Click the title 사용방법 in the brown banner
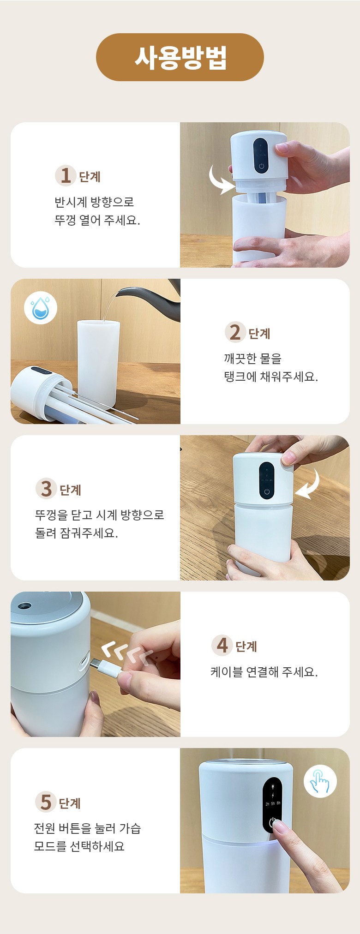[180, 58]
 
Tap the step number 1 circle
[65, 175]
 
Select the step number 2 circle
[235, 332]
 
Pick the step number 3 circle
[46, 489]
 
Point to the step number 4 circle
[222, 645]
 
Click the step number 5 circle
[45, 802]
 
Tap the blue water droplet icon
[41, 308]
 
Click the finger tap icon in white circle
[320, 781]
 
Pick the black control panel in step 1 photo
[260, 156]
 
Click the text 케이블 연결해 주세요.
[264, 672]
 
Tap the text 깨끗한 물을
[252, 359]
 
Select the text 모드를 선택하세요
[79, 846]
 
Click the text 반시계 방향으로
[94, 202]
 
